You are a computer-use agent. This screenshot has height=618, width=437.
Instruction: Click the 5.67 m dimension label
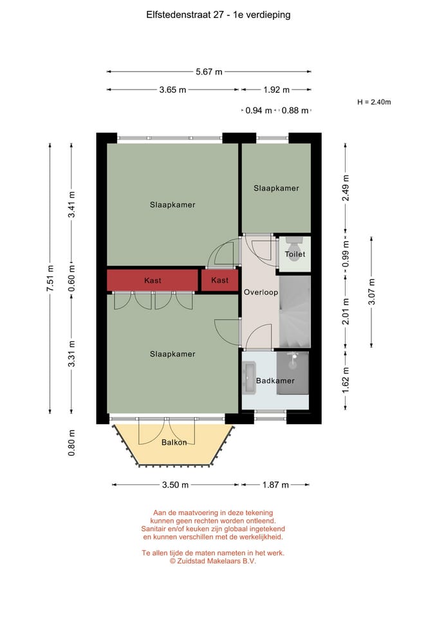[x=209, y=71]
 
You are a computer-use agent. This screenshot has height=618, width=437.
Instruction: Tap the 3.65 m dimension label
[x=172, y=90]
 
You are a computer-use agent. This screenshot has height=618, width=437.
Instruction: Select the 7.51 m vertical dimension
[x=50, y=278]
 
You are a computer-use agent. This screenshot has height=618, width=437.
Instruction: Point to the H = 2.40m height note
[x=374, y=102]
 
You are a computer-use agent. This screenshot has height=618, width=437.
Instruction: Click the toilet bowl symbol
[x=293, y=247]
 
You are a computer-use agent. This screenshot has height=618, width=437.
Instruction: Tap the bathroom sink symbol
[x=250, y=378]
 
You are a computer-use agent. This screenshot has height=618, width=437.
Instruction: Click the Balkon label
[x=174, y=443]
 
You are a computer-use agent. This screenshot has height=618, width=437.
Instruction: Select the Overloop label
[x=261, y=292]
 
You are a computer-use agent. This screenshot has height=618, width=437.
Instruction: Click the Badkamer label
[x=275, y=380]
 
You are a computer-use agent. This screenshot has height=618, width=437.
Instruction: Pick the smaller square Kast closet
[x=220, y=280]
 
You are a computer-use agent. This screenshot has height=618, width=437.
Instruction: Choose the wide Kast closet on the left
[x=153, y=281]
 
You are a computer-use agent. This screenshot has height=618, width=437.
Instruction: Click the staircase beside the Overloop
[x=295, y=312]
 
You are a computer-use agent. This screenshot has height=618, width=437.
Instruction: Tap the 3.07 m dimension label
[x=371, y=292]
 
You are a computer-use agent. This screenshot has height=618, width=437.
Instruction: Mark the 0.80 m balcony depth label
[x=71, y=443]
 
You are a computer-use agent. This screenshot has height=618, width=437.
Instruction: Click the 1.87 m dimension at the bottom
[x=275, y=485]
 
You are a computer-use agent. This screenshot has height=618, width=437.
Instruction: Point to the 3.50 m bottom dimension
[x=175, y=485]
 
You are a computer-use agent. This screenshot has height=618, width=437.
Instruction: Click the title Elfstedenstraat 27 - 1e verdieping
[x=218, y=15]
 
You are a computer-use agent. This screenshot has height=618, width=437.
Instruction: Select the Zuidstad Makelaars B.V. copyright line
[x=213, y=561]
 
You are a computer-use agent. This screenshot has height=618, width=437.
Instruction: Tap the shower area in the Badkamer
[x=292, y=373]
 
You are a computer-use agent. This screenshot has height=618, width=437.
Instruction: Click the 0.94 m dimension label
[x=259, y=111]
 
